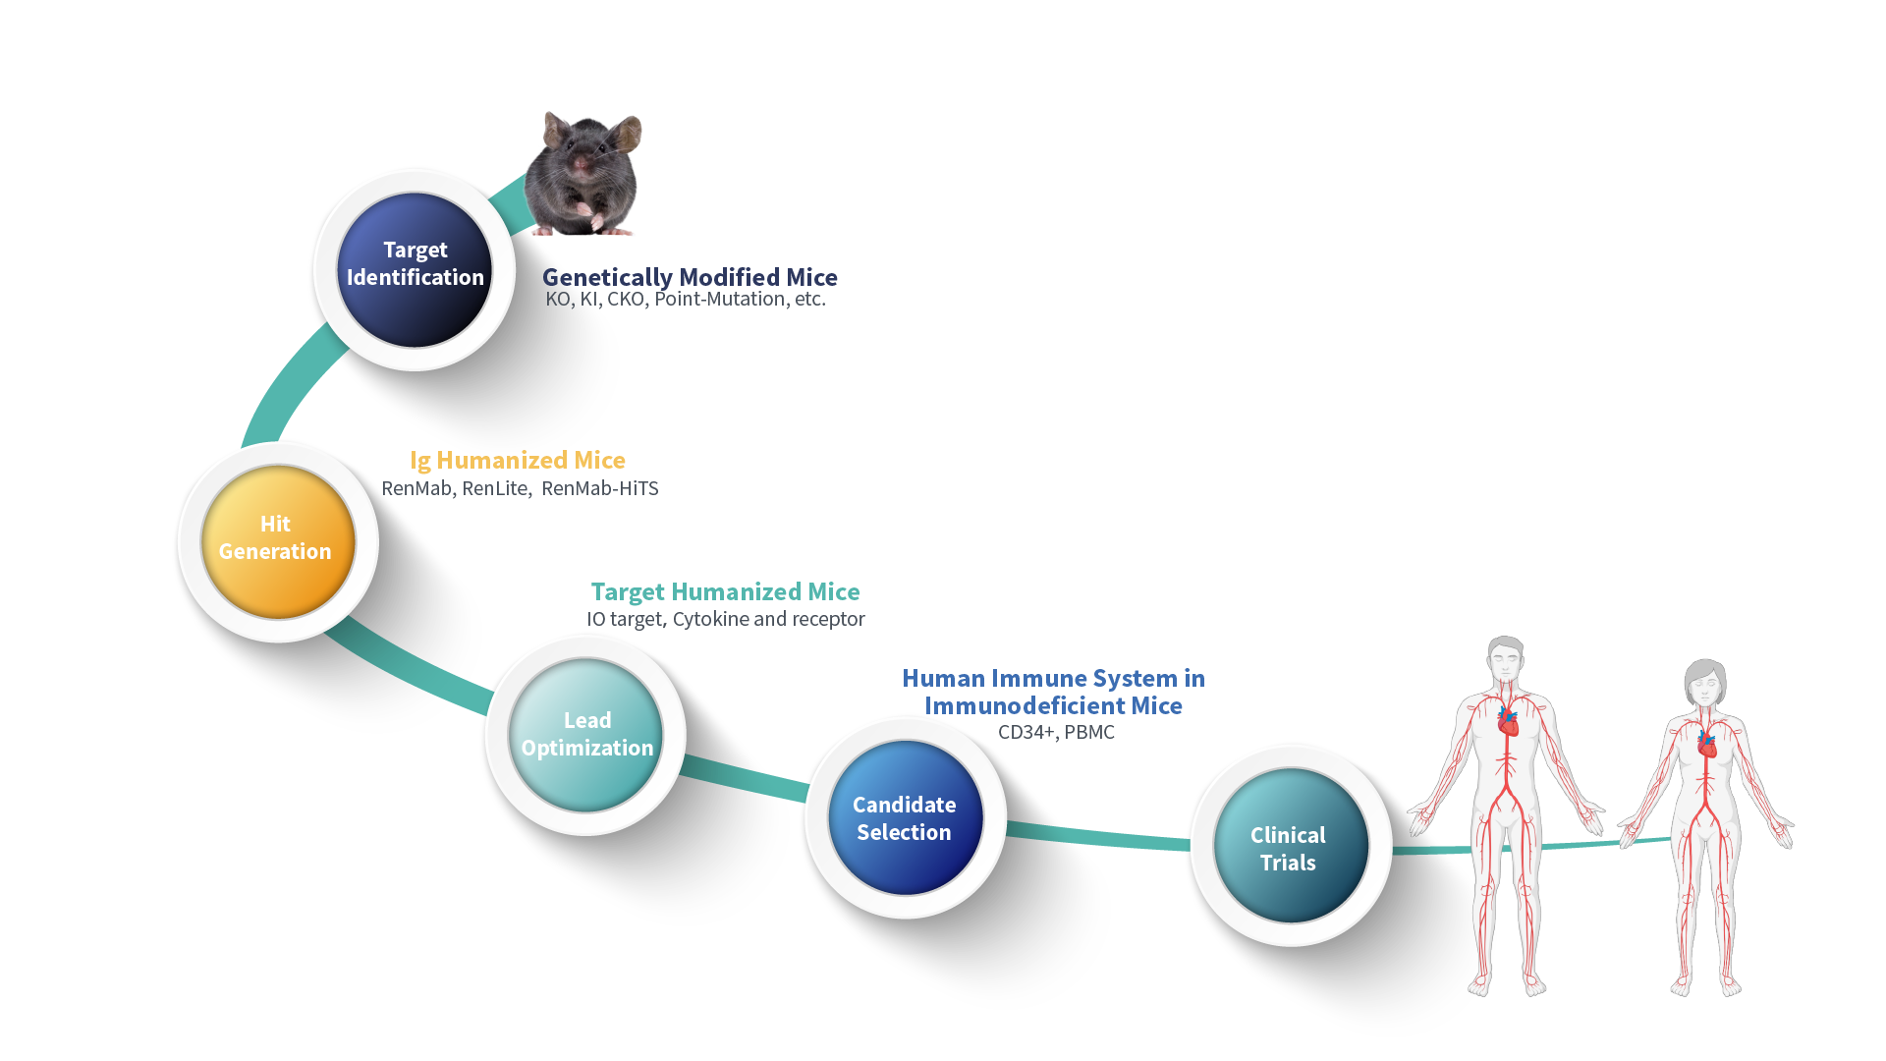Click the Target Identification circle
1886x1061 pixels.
point(415,269)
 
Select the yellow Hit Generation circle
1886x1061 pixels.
point(277,541)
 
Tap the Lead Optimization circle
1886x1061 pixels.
point(585,735)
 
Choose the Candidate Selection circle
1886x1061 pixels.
point(905,818)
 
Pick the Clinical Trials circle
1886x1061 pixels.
point(1290,847)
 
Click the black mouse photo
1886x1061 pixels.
point(583,175)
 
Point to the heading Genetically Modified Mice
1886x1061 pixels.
point(690,277)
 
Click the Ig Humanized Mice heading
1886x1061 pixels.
point(518,460)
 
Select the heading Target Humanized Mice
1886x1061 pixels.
point(725,591)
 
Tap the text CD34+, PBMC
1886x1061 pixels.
point(1056,732)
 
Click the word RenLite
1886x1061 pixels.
point(495,488)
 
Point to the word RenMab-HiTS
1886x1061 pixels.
point(600,488)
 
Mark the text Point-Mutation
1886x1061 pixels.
point(720,299)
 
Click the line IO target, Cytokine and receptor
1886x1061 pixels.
point(725,619)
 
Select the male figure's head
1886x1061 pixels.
point(1505,659)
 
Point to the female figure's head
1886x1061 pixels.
point(1705,681)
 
